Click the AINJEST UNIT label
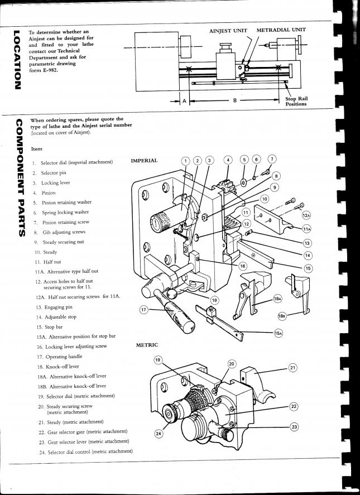(x=228, y=30)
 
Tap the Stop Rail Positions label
(x=296, y=102)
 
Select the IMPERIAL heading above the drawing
(x=144, y=161)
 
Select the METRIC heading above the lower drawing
(x=147, y=345)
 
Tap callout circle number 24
(x=159, y=432)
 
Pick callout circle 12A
(x=306, y=215)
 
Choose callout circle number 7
(x=272, y=159)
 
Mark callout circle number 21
(x=293, y=367)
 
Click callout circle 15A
(x=279, y=333)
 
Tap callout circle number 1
(x=186, y=161)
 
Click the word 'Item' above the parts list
(x=37, y=149)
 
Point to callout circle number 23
(x=294, y=427)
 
